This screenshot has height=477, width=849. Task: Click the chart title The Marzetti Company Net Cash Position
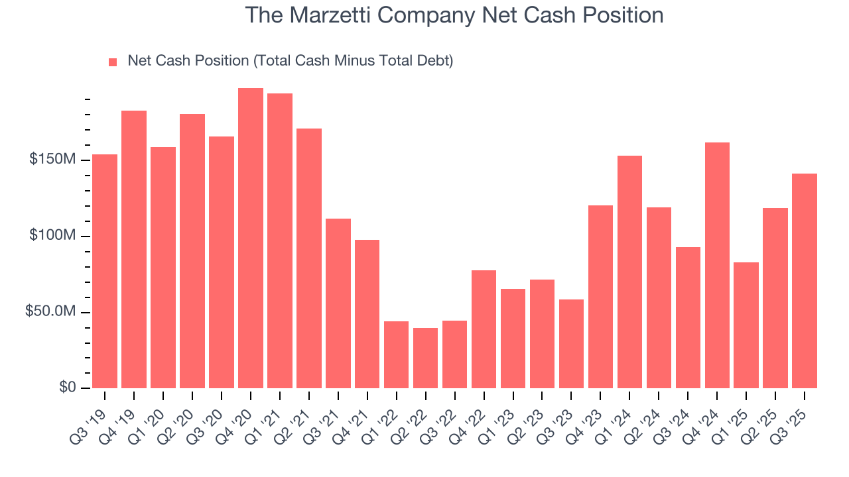tap(454, 15)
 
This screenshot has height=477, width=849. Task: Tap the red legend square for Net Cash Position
tap(113, 62)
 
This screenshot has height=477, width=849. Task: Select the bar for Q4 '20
tap(251, 238)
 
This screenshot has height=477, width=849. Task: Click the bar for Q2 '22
tap(425, 358)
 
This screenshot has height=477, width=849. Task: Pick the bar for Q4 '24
tap(717, 265)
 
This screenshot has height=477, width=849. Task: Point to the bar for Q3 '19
tap(105, 272)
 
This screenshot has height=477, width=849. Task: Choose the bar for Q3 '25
tap(805, 281)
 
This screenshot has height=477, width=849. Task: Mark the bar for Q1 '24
tap(629, 272)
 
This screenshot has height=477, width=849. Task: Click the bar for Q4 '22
tap(484, 329)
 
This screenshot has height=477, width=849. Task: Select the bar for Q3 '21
tap(338, 303)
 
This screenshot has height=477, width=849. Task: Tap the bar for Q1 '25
tap(746, 325)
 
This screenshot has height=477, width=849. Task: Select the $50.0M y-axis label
tap(50, 312)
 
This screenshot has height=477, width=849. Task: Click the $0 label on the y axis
tap(67, 388)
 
